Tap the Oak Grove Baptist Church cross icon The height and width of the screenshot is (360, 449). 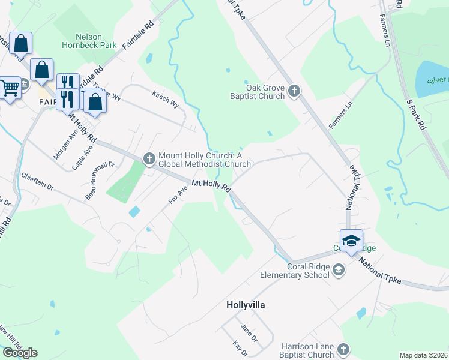coord(294,91)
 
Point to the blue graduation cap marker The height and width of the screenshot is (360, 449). coord(351,241)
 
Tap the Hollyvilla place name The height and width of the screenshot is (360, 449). coord(246,305)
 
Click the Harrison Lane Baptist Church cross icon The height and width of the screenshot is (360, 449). coord(343,349)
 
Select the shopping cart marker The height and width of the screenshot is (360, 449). coord(10,88)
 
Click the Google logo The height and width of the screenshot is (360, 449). coord(20,353)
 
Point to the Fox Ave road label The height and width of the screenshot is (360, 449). coord(178,194)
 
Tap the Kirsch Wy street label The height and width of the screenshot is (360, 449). coord(166,99)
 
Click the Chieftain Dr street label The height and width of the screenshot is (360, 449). coord(37,182)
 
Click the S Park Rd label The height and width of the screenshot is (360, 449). coord(415,116)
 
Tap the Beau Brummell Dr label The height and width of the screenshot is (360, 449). coord(100,180)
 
